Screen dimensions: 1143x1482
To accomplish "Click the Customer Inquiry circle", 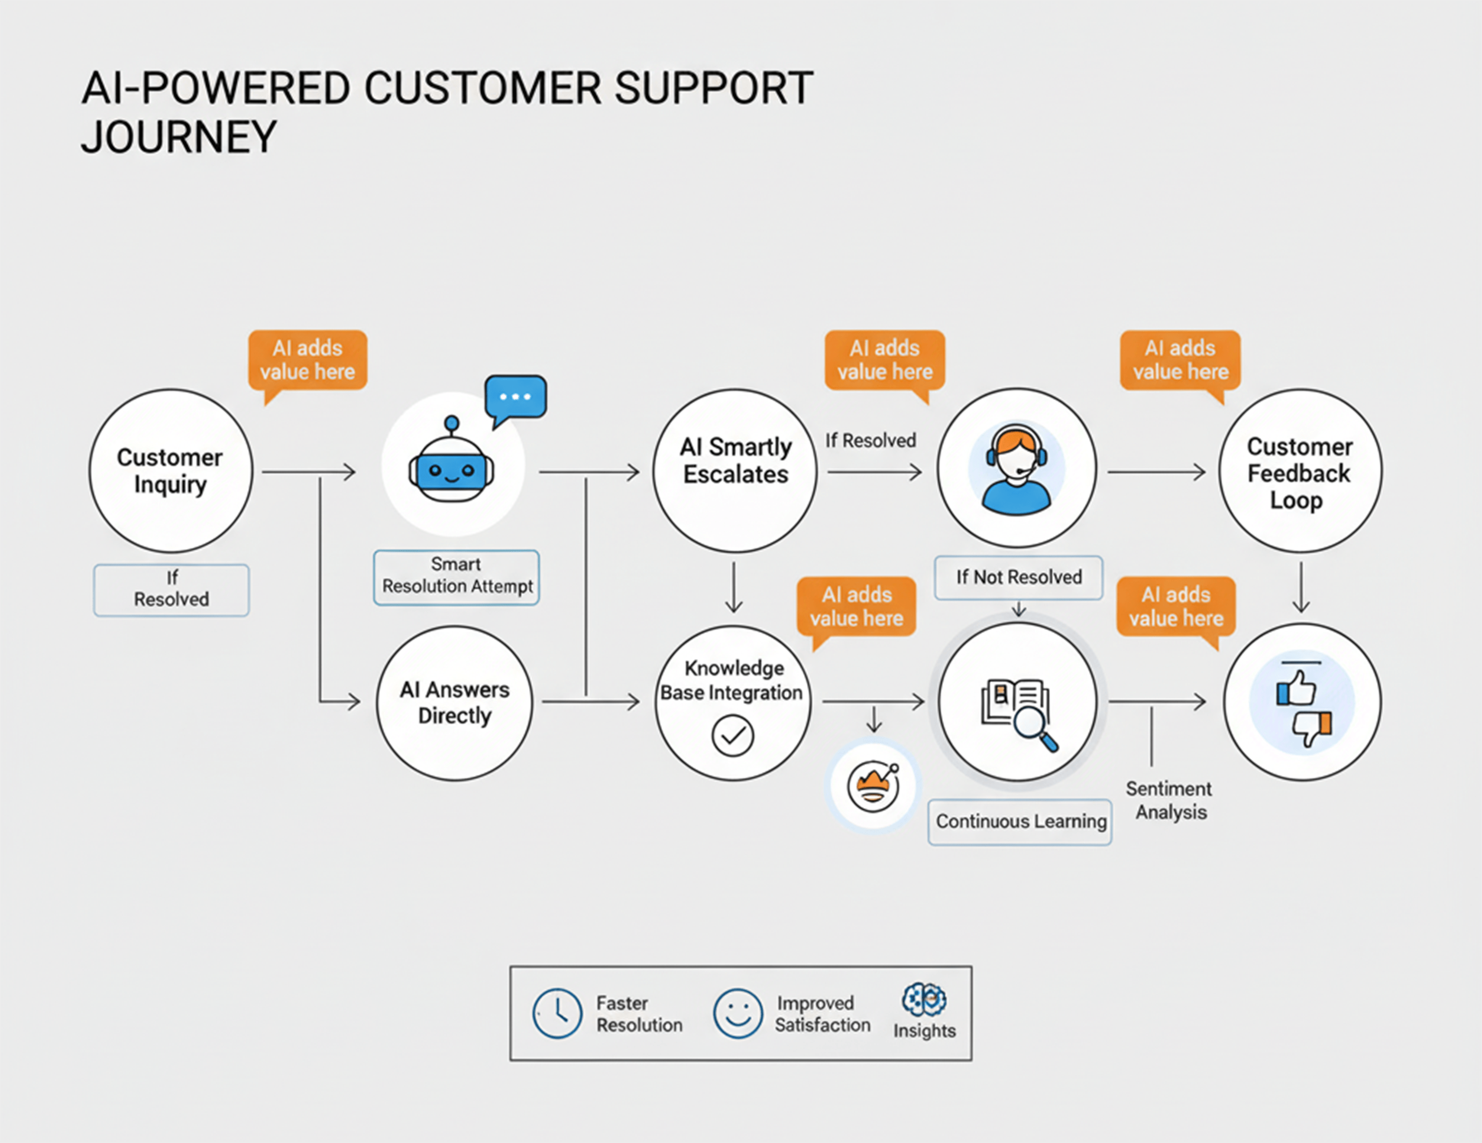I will (x=170, y=470).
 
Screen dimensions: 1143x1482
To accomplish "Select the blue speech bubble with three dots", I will (x=516, y=397).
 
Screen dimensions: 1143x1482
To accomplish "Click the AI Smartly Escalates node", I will (x=735, y=470).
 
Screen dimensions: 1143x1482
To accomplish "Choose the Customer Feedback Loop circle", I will (x=1300, y=470).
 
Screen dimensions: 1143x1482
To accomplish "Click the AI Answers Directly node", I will (x=454, y=703).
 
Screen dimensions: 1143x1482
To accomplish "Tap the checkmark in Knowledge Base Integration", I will (x=732, y=735).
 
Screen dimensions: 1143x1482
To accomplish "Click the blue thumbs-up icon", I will (x=1296, y=689).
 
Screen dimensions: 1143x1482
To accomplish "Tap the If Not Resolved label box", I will (x=1018, y=577).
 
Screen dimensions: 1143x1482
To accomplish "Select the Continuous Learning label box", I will (x=1019, y=821).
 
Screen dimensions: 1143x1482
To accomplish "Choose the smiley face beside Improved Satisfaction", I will (x=738, y=1013).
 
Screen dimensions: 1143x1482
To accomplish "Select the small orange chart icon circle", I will (x=873, y=786).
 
